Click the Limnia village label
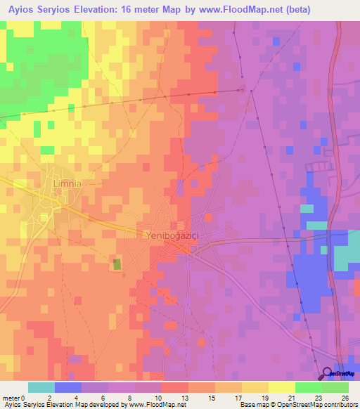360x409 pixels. [x=67, y=183]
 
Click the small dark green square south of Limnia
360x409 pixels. [x=117, y=264]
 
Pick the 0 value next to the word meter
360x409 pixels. [x=25, y=398]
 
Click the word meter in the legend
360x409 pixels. [x=11, y=398]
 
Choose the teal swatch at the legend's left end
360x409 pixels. [x=41, y=387]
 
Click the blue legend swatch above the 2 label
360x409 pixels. [x=67, y=387]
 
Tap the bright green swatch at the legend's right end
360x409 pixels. [x=335, y=387]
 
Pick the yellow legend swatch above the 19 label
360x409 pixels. [x=255, y=387]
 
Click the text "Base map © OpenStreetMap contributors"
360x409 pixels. [x=297, y=405]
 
